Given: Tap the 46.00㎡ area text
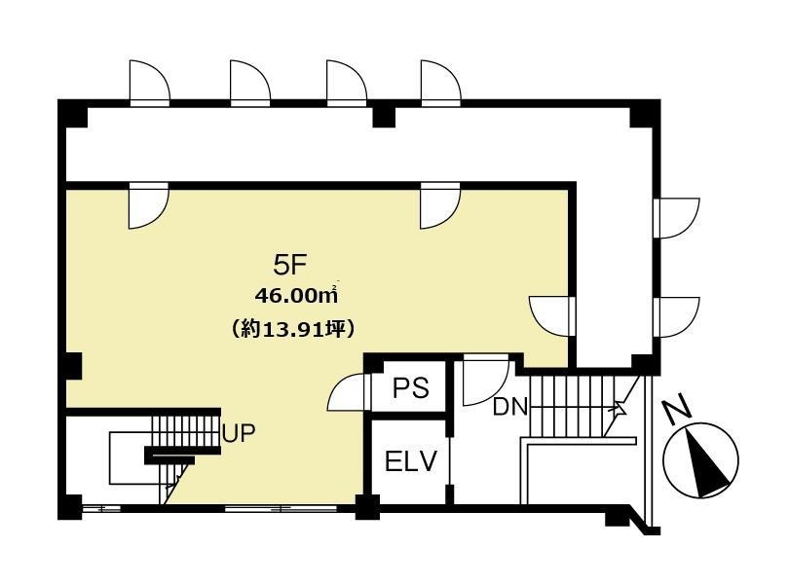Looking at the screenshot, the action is coord(296,296).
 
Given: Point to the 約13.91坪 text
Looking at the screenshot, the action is coord(293,329).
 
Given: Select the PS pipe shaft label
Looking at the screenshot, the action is coord(411,387).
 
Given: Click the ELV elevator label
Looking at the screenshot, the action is coord(411,461).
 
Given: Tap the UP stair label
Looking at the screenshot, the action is coord(239,433).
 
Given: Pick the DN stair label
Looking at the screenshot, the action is coord(509,407).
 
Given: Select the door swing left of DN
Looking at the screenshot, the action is coord(484,380).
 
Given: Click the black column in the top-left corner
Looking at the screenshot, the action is coord(73,113).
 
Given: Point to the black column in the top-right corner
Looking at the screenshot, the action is coord(646,114).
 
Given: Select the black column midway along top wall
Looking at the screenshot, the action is coord(385,117).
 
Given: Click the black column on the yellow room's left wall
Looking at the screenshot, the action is coord(74,366).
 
